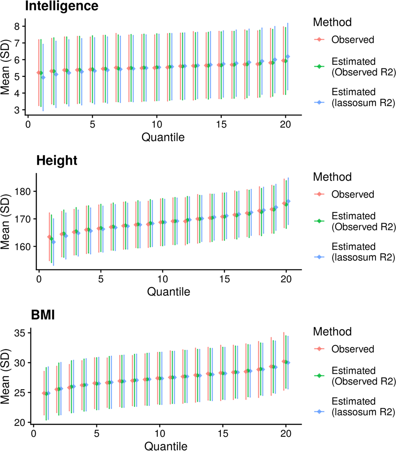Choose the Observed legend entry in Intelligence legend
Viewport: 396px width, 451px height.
(x=353, y=40)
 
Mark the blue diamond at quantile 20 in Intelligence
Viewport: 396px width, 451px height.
(x=288, y=56)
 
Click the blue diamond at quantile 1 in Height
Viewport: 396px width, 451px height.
(x=53, y=242)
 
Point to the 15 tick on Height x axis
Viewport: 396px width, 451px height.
(x=224, y=278)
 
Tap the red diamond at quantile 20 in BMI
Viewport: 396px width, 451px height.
(x=284, y=361)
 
